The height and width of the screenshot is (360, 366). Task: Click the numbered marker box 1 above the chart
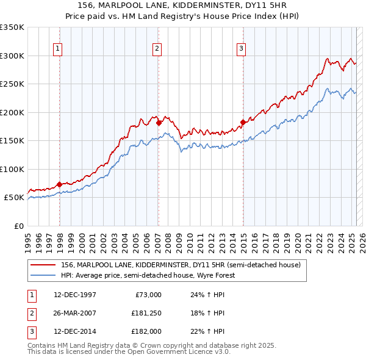(57, 49)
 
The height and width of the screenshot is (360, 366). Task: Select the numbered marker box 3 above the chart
(241, 49)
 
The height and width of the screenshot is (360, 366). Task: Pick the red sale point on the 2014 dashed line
(243, 122)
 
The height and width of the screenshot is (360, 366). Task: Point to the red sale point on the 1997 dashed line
(60, 184)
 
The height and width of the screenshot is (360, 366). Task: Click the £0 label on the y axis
(18, 226)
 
